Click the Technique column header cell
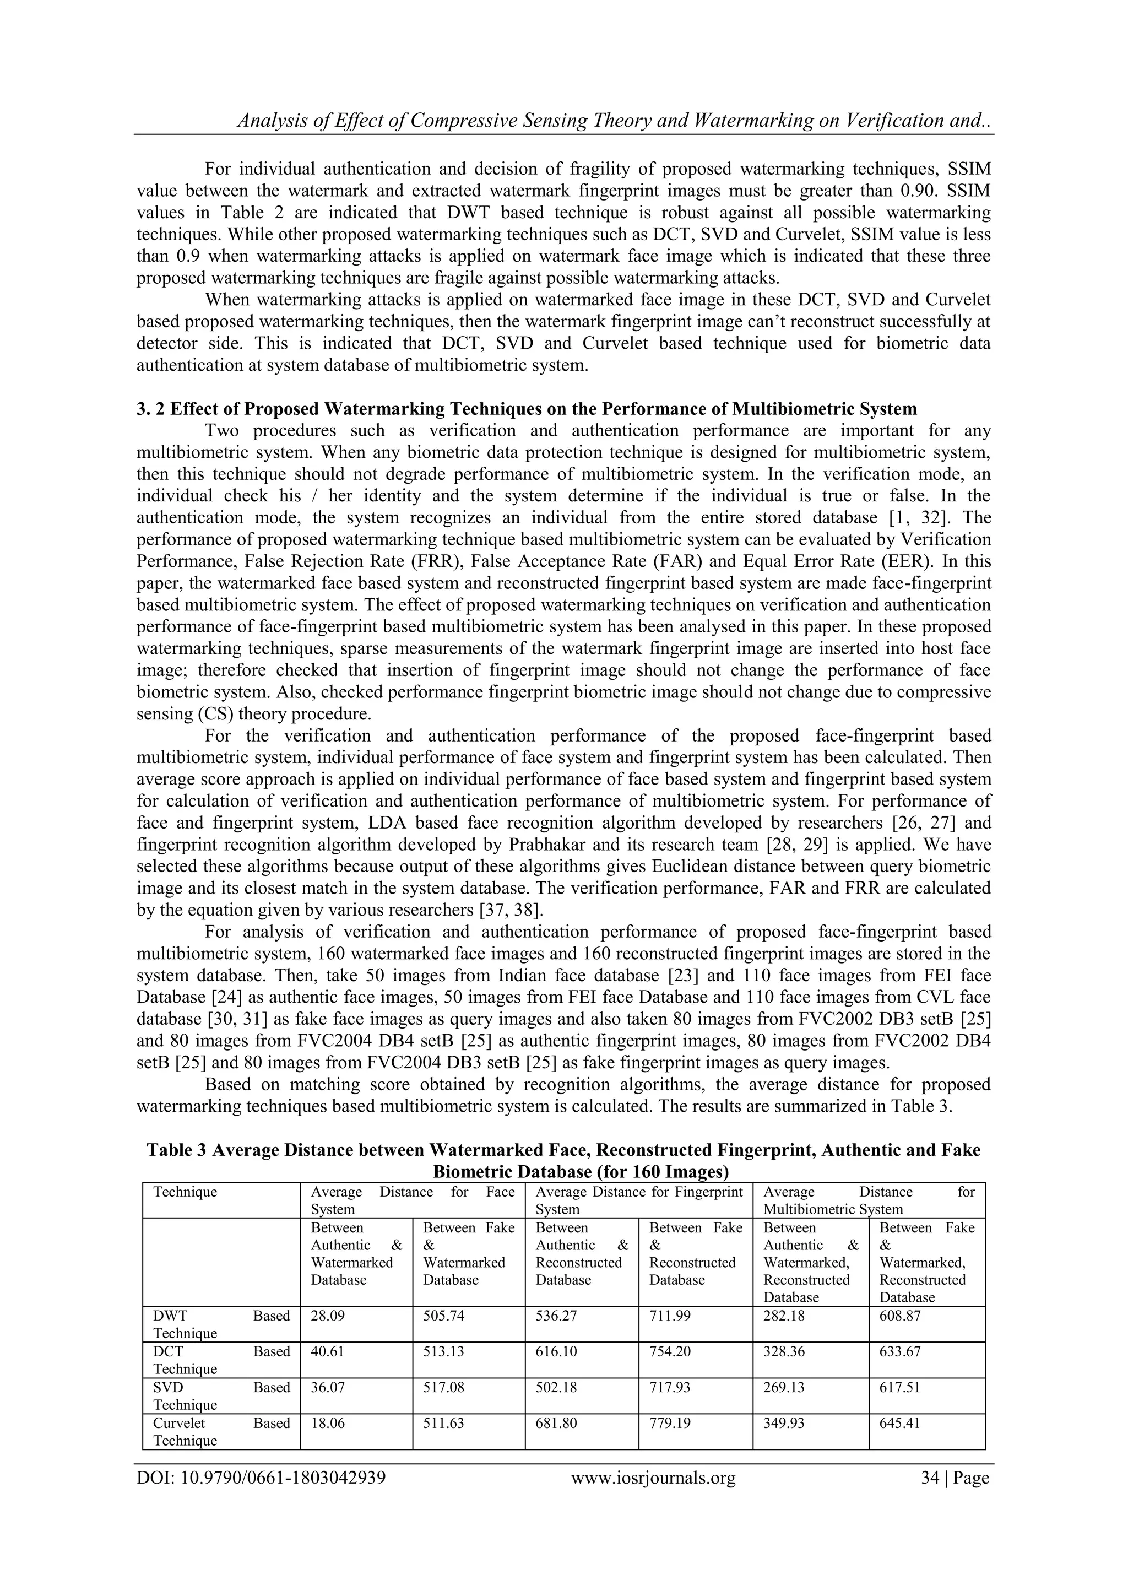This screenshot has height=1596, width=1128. [x=185, y=1192]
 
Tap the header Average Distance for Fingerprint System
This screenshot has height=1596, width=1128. [x=639, y=1200]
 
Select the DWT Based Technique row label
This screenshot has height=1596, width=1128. [x=221, y=1324]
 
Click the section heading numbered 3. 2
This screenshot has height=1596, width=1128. [x=526, y=409]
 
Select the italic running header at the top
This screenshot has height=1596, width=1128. [x=614, y=121]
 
